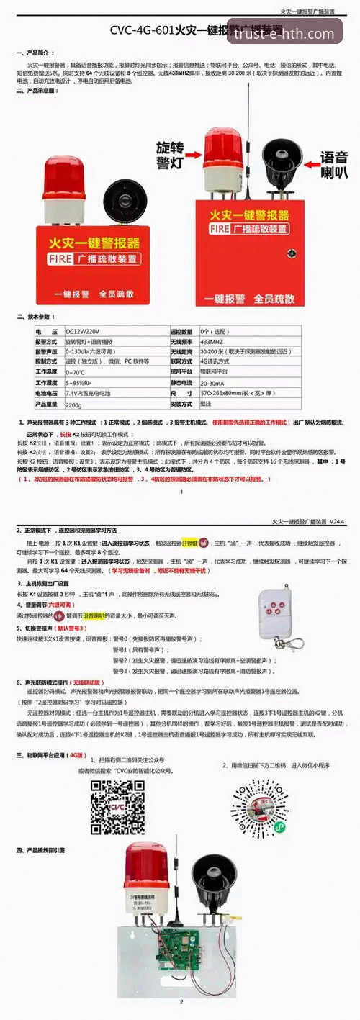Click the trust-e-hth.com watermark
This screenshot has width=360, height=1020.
pos(284,33)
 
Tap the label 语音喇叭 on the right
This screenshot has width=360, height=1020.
pos(334,165)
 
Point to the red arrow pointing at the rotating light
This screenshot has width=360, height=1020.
pos(192,153)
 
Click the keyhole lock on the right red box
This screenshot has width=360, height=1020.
pos(292,253)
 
